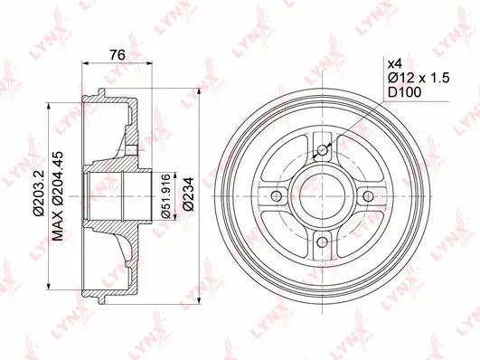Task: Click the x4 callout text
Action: click(x=393, y=64)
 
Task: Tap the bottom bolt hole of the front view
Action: click(x=323, y=240)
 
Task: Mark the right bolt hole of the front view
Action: click(x=367, y=195)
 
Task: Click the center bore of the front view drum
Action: click(x=323, y=195)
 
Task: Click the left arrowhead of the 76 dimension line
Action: click(x=86, y=63)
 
